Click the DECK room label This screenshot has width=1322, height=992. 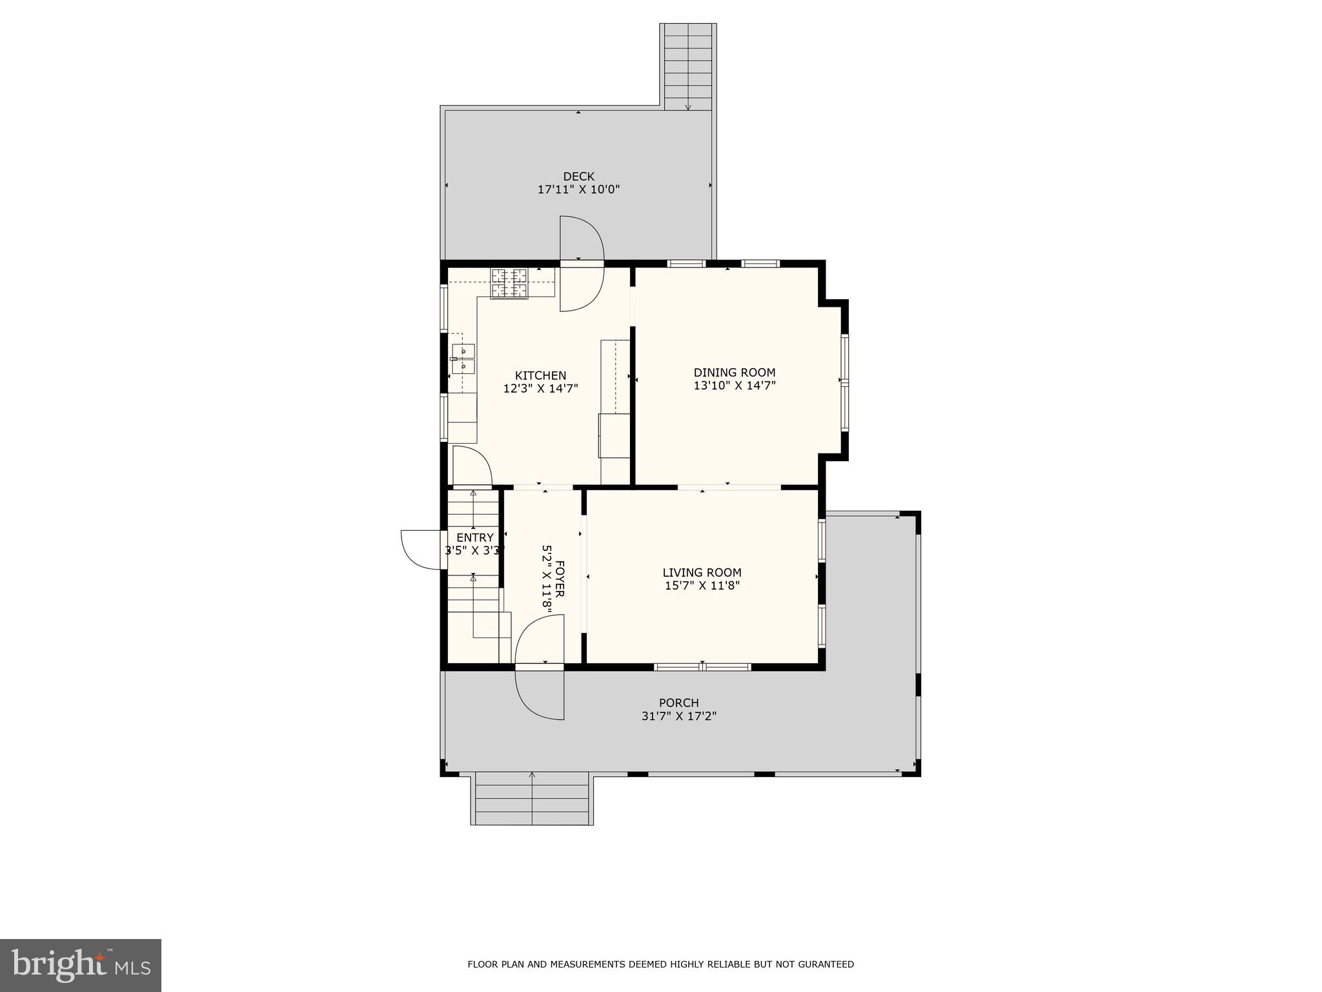click(x=578, y=176)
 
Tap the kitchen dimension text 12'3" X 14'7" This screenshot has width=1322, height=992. click(x=540, y=389)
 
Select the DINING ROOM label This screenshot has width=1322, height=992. click(x=734, y=373)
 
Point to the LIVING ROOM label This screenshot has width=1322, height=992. click(x=702, y=573)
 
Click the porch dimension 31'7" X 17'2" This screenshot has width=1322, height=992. click(x=678, y=716)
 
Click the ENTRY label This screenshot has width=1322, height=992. click(x=474, y=537)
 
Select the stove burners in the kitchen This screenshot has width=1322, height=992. click(x=509, y=283)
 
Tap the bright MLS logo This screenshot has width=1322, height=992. click(x=81, y=965)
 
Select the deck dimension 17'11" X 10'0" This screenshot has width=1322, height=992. click(x=578, y=190)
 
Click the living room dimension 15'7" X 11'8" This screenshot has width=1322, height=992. click(x=702, y=586)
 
